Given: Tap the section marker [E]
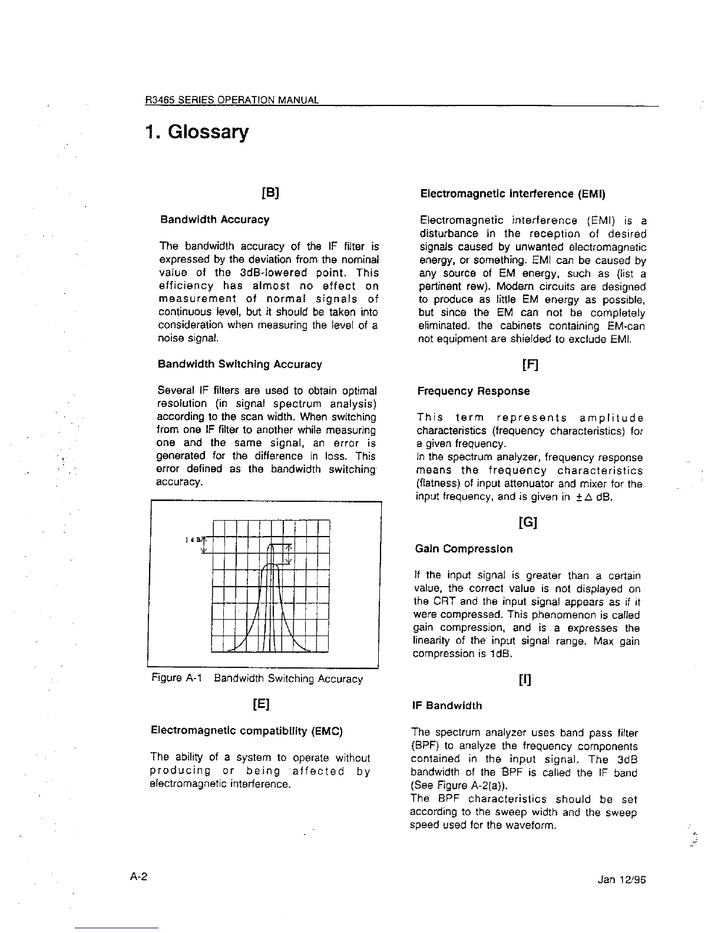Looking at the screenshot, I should tap(261, 704).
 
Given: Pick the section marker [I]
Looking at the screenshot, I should tap(524, 680).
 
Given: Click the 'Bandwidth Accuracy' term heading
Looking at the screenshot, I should tap(214, 220).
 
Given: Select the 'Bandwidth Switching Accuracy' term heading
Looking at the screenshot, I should tap(240, 364).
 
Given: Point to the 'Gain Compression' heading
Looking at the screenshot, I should tap(464, 549).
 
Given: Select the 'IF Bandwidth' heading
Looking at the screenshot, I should tap(447, 706).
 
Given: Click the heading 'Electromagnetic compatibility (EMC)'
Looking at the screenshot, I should tap(247, 731).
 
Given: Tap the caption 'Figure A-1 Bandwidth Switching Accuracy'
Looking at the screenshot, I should tap(257, 679).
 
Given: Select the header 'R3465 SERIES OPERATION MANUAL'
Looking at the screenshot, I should tap(232, 100).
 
